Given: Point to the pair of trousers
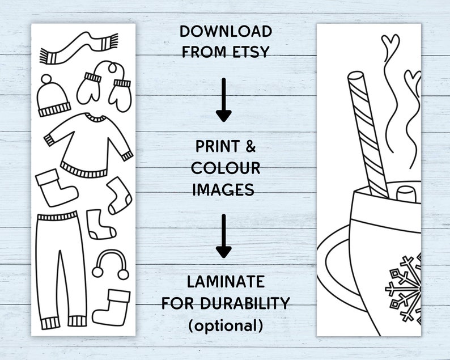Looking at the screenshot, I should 58,266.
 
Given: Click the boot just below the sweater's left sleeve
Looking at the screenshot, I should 55,188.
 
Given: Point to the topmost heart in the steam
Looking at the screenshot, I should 390,42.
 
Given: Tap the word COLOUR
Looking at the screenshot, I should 226,168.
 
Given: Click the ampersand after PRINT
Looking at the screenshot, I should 249,147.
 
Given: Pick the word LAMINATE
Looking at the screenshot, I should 226,281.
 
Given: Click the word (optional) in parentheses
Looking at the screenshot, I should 226,325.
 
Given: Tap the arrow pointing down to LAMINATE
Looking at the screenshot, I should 224,236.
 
